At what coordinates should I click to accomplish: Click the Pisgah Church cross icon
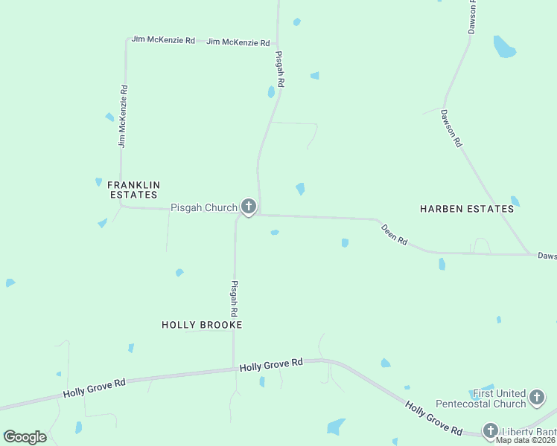click(248, 207)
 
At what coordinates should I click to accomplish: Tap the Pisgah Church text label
click(203, 208)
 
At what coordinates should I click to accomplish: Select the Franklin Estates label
click(134, 190)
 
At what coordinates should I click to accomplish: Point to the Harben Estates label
click(467, 209)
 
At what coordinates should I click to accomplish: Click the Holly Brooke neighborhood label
click(202, 325)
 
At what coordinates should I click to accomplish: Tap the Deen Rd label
click(395, 235)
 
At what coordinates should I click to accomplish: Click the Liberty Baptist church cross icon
click(490, 430)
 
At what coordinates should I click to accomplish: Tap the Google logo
click(25, 437)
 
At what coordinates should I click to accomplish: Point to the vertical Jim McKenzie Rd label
click(123, 115)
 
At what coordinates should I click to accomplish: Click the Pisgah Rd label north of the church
click(280, 70)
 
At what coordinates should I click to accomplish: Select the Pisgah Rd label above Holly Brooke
click(234, 299)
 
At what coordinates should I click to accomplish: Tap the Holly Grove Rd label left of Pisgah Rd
click(95, 387)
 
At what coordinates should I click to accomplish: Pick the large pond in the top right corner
click(504, 47)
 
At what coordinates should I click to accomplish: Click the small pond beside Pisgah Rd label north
click(271, 92)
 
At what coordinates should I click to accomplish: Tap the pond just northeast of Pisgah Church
click(300, 189)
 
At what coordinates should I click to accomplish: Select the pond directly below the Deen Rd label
click(442, 264)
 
